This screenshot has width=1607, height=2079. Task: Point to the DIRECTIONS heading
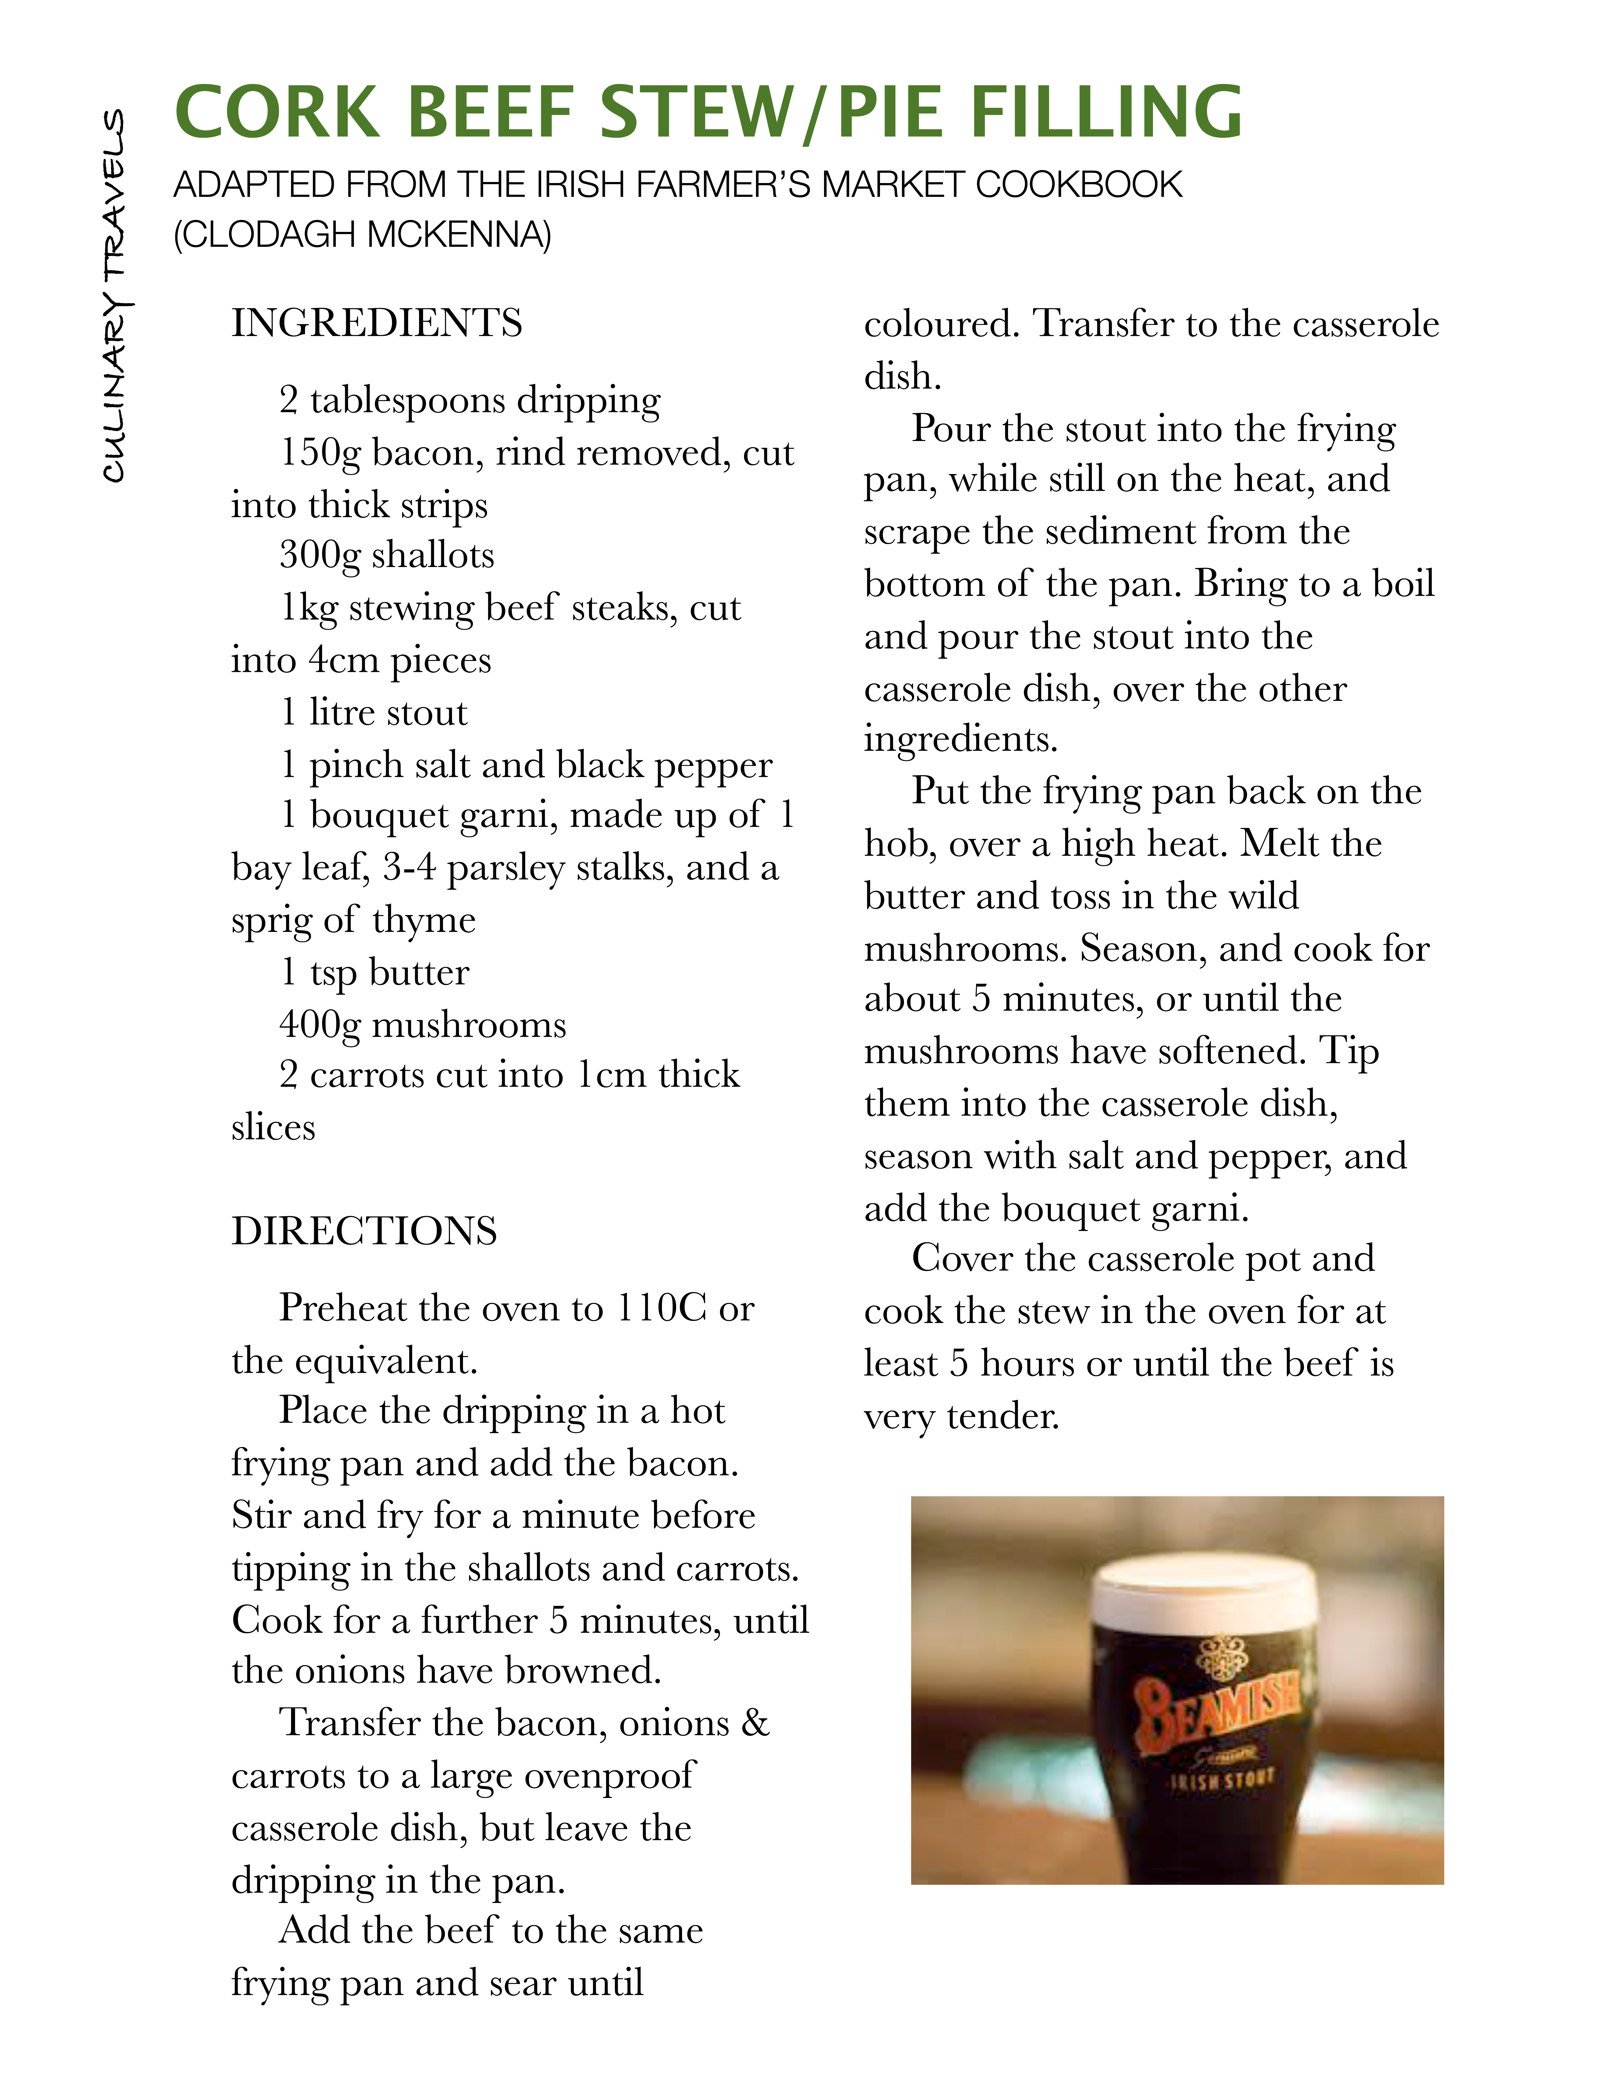(365, 1231)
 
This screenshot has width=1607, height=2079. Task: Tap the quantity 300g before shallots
(320, 555)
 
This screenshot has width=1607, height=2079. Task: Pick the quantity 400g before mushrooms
(320, 1024)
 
